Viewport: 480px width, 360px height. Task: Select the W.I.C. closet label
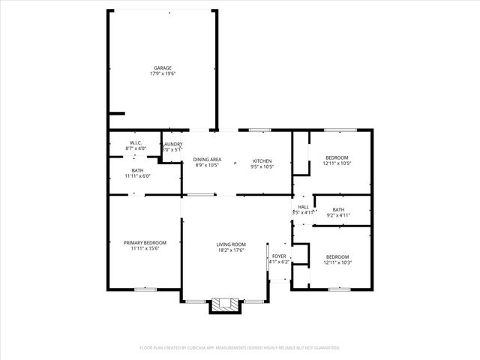coord(136,142)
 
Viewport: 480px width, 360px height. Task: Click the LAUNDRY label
coord(172,144)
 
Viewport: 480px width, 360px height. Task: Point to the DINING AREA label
coord(207,160)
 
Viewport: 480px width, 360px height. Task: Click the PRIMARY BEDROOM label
coord(145,242)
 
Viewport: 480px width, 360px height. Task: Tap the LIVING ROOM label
coord(232,244)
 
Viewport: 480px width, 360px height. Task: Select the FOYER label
coord(279,256)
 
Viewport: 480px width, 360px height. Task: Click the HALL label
coord(303,207)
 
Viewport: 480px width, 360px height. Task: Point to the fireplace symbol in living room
coord(224,304)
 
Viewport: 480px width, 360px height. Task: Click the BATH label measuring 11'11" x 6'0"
coord(137,171)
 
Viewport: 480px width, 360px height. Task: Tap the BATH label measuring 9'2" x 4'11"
coord(338,209)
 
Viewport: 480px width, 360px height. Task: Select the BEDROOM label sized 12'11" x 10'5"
coord(337,157)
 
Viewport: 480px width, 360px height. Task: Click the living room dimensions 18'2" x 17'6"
coord(232,250)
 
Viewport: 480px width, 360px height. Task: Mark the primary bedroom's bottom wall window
coord(145,289)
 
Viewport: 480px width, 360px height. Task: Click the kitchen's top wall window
coord(260,130)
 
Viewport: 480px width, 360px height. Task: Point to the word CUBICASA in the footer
coord(214,348)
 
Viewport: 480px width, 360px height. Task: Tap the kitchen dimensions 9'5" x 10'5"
coord(262,166)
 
